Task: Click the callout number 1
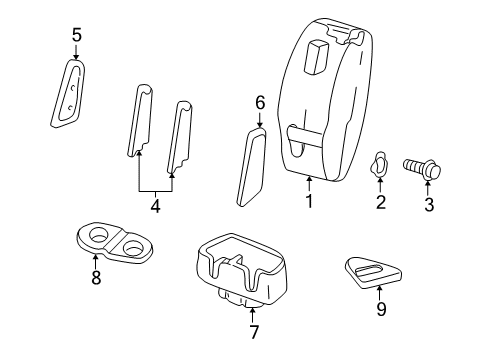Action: (x=310, y=202)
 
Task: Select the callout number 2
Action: (x=380, y=203)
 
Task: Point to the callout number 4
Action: (x=155, y=209)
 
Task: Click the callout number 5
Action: (x=75, y=37)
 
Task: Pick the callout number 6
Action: (x=259, y=102)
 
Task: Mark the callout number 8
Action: (x=96, y=279)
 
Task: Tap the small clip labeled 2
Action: (x=380, y=166)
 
